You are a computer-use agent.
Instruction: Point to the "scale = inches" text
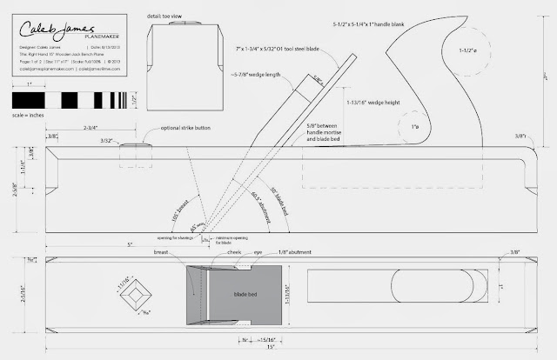(x=31, y=114)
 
